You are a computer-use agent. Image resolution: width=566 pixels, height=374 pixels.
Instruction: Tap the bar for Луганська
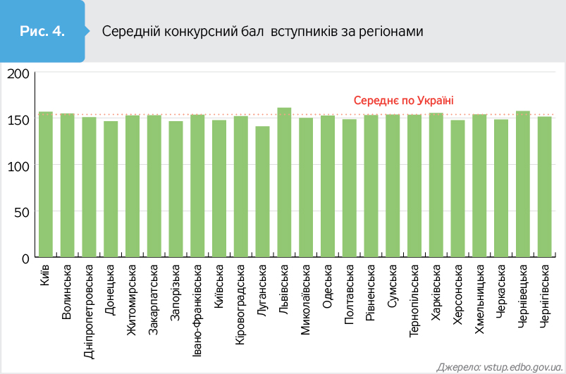[262, 191]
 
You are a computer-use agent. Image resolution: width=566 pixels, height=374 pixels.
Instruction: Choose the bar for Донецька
[111, 188]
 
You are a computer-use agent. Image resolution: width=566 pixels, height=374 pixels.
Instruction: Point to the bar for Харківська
[436, 185]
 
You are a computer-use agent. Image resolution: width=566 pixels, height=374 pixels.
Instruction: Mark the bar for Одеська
[328, 185]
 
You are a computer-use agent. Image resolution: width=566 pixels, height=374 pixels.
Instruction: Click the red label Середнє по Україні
[403, 101]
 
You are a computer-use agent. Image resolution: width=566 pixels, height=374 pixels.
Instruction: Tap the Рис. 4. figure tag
[43, 32]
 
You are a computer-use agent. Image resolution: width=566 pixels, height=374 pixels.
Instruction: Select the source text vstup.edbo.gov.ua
[522, 366]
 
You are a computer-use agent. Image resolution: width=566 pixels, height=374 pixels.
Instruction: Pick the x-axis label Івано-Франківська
[197, 310]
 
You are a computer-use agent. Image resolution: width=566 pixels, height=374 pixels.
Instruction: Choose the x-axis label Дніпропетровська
[89, 310]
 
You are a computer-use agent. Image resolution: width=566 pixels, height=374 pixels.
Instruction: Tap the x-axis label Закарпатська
[154, 299]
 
